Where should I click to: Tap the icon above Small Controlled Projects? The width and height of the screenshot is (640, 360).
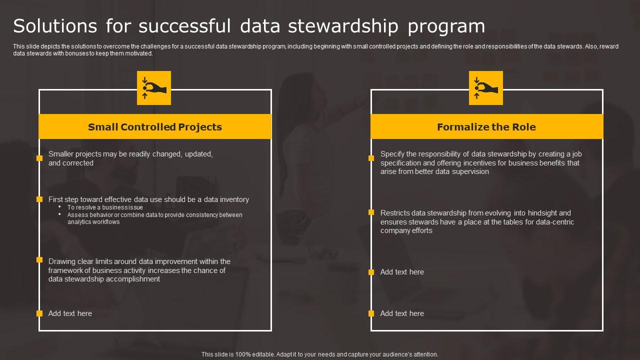pos(154,88)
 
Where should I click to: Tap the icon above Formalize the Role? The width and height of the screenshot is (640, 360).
pos(486,88)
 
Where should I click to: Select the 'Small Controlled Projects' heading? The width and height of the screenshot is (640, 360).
pos(155,127)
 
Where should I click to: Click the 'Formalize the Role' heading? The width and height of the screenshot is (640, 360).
pos(486,127)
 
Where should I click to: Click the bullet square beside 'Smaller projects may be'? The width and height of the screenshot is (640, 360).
pos(39,158)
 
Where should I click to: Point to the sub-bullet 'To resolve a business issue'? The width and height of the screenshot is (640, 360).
pos(105,207)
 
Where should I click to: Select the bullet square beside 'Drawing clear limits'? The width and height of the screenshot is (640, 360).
pos(39,260)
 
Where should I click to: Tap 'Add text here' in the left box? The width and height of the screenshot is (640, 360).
pos(70,313)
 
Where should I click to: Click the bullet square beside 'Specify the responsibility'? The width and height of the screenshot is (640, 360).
pos(371,158)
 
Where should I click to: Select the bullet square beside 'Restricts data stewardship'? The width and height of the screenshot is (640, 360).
pos(371,212)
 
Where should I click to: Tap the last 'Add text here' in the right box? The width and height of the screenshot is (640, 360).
pos(402,313)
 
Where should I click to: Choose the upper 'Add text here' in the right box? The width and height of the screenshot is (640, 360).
pos(402,272)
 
